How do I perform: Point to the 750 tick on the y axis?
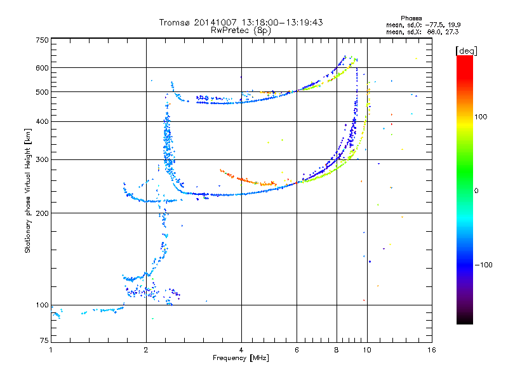42,39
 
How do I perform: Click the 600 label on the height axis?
42,68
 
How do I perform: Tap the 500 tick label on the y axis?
42,92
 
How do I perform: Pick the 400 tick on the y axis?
42,121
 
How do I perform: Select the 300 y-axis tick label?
42,159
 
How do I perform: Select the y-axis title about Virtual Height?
28,190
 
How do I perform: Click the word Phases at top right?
412,18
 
